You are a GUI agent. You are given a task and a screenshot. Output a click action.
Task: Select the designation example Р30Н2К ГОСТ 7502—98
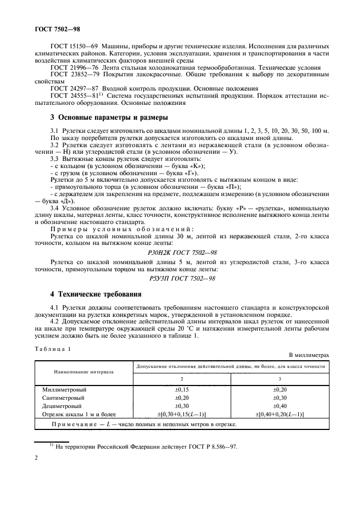(182, 251)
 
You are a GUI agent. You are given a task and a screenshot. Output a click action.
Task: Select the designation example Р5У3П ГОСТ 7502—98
(182, 278)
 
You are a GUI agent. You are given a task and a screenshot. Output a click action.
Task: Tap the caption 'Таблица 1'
(53, 349)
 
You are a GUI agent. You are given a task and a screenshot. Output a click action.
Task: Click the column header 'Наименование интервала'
(83, 372)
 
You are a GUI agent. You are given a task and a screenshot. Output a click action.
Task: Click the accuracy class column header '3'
(281, 378)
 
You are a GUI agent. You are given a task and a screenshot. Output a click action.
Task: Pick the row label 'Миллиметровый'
(64, 389)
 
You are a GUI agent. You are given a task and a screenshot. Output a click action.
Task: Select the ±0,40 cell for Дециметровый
(281, 406)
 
